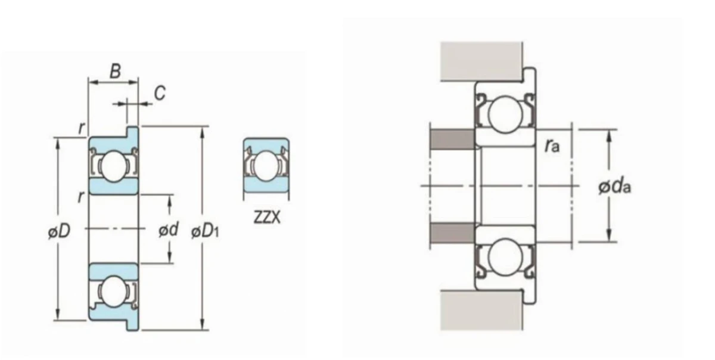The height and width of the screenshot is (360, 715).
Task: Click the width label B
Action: [115, 72]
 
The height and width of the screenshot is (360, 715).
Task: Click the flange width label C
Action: [160, 93]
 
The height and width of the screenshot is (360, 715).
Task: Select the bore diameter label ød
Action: [169, 229]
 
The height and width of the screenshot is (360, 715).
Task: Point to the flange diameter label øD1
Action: [205, 231]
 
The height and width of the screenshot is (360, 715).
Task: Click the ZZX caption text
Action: [267, 217]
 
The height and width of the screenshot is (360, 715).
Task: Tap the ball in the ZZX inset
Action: [266, 166]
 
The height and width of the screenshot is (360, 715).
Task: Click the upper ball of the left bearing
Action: [114, 166]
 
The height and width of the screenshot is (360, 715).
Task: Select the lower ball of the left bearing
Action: [114, 291]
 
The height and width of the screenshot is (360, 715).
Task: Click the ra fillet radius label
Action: [552, 146]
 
